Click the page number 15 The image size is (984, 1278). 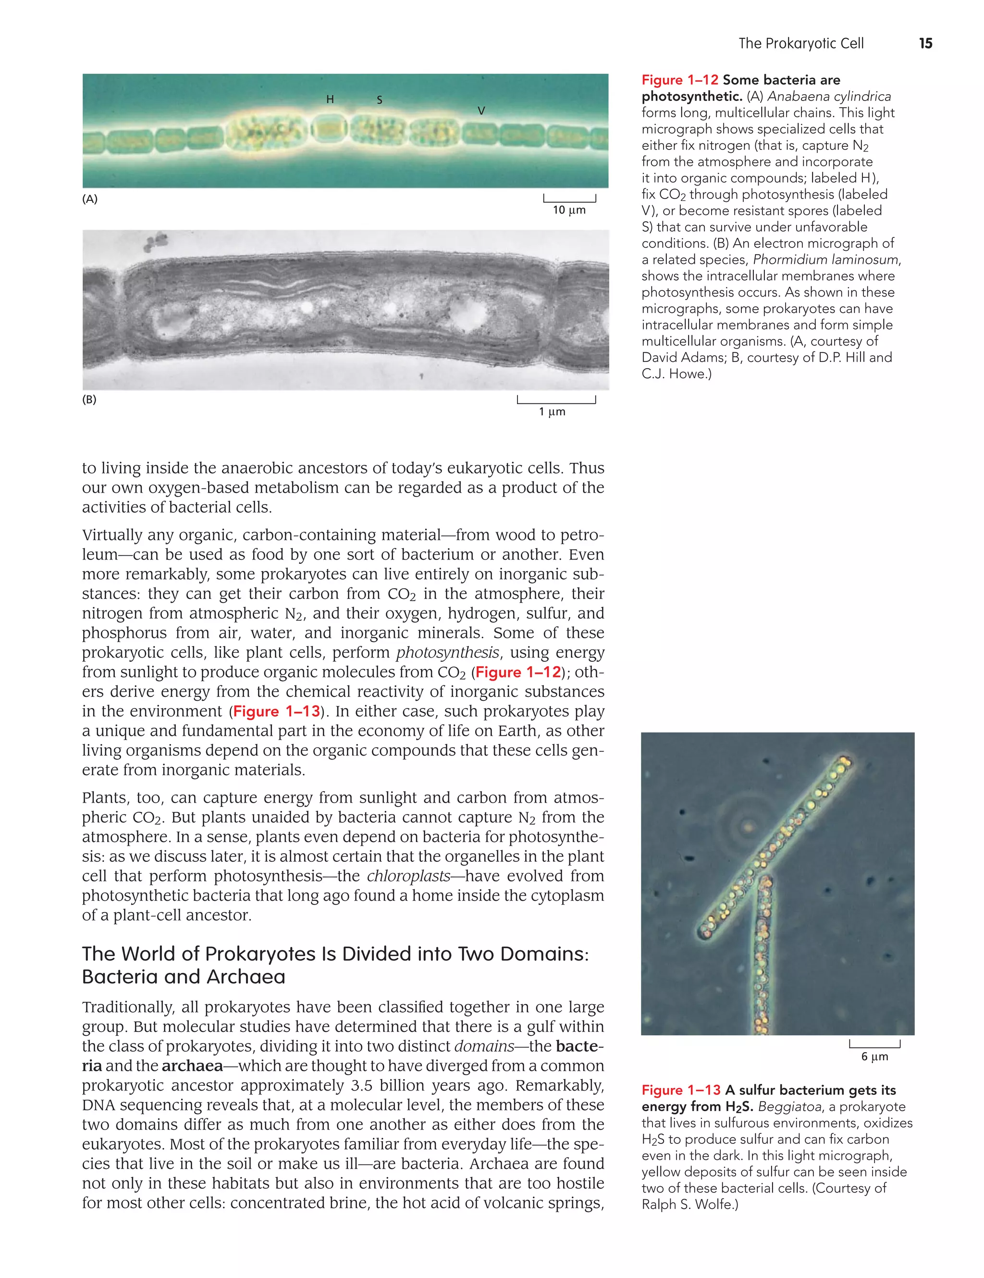coord(925,43)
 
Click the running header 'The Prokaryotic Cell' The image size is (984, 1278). coord(800,43)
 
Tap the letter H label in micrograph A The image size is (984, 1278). coord(330,99)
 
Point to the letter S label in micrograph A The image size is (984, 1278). coord(379,100)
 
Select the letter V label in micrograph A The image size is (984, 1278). coord(481,111)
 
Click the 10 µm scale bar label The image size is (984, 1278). coord(569,210)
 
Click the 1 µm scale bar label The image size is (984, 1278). coord(552,412)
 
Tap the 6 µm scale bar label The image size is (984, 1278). coord(874,1056)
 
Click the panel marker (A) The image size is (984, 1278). coord(89,199)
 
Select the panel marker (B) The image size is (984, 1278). coord(89,400)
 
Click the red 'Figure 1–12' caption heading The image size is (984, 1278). coord(679,80)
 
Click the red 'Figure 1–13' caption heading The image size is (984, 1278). coord(680,1090)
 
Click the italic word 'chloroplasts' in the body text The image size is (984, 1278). coord(408,876)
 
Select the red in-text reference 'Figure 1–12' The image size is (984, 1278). coord(518,672)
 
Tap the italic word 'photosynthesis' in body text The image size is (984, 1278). coord(447,652)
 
